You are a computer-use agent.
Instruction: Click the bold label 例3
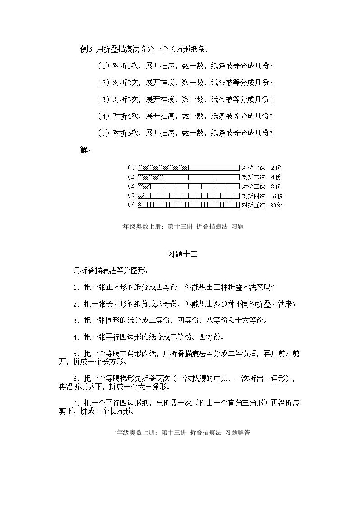(86, 49)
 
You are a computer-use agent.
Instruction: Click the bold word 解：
(85, 150)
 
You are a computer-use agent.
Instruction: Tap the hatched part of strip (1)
(163, 167)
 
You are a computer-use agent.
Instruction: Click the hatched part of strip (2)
(150, 177)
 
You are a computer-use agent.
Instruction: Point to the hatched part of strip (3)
(144, 186)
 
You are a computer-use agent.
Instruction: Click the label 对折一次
(253, 167)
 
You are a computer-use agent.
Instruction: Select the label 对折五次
(253, 205)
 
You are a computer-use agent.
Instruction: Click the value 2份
(276, 167)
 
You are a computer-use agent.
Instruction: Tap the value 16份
(276, 196)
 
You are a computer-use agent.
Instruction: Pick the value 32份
(276, 205)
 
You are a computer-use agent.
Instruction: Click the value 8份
(276, 186)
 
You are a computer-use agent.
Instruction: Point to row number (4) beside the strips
(132, 196)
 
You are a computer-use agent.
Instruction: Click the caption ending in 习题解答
(180, 433)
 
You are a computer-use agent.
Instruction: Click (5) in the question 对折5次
(104, 133)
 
